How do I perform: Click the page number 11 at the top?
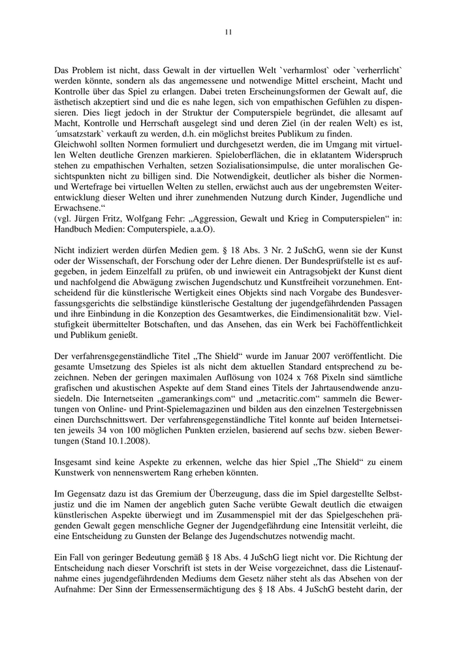(x=228, y=31)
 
